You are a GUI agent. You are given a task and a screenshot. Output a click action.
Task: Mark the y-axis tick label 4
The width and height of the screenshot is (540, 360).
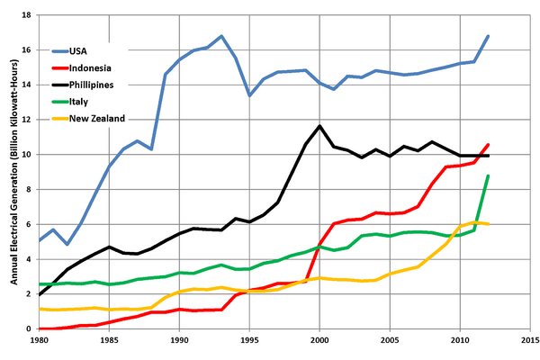point(30,259)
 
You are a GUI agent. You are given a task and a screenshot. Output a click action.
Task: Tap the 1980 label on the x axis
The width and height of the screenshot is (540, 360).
point(40,341)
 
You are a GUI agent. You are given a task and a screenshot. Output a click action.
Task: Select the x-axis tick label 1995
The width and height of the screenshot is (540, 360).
point(249,341)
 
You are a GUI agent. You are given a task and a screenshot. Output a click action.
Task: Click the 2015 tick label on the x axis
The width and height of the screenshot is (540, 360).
point(529,341)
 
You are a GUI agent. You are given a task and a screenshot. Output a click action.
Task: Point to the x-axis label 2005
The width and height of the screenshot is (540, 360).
point(390,341)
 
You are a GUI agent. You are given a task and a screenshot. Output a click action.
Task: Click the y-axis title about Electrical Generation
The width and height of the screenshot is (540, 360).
point(12,171)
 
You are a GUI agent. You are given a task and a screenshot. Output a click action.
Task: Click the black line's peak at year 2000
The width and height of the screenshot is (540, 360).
point(319,126)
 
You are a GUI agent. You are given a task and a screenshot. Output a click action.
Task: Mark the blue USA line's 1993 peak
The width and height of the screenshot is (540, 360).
point(221,36)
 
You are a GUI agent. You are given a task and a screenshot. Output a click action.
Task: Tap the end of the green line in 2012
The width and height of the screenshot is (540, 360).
point(488,176)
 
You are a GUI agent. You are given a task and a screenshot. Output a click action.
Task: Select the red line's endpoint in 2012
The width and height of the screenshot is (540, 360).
point(488,145)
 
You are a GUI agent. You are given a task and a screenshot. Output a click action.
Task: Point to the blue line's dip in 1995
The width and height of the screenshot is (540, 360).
point(249,95)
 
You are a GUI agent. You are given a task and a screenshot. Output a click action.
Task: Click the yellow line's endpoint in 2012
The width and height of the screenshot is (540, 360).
point(488,224)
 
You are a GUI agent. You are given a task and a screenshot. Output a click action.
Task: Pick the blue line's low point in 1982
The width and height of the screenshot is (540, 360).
point(67,244)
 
